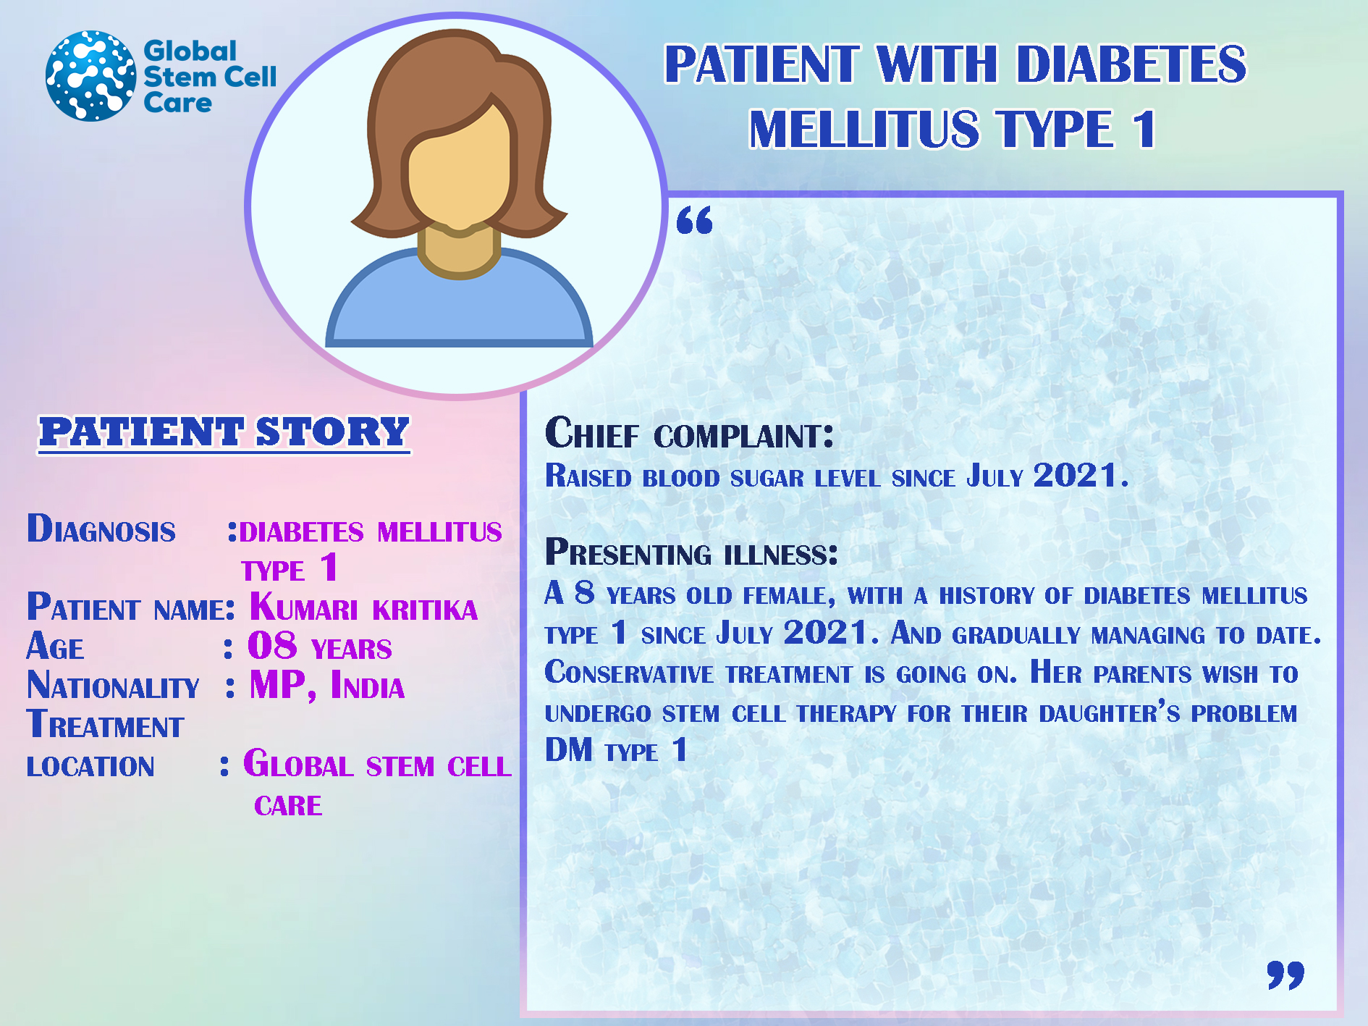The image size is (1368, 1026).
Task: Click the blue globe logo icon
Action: coord(90,75)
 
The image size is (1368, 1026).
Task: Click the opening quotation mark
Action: coord(694,219)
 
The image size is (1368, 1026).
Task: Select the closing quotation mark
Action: coord(1285,975)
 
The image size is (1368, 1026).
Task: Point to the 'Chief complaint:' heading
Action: coord(689,433)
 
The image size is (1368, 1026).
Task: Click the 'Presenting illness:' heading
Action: coord(691,552)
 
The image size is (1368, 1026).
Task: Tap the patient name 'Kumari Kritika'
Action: coord(363,607)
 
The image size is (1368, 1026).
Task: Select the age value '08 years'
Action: coord(319,646)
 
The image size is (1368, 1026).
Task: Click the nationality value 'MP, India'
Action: coord(326,685)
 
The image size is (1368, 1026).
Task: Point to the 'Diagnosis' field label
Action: coord(101,529)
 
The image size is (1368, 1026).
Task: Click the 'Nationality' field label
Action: coord(113,685)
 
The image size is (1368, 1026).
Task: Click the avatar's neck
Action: coord(459,250)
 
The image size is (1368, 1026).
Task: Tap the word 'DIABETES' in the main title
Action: coord(1131,64)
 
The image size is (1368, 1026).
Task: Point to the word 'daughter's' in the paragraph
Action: coord(1110,712)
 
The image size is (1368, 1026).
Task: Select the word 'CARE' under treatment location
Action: coord(288,805)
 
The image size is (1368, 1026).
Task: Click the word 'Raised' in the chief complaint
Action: coord(588,476)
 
